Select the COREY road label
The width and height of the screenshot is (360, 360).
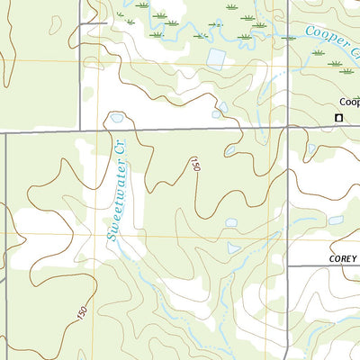341,257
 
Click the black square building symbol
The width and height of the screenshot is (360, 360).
339,118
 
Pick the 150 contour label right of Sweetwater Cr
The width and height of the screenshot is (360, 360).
194,165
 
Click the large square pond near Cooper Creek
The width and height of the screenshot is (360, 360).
216,58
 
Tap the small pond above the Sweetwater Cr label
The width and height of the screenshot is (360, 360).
116,118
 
